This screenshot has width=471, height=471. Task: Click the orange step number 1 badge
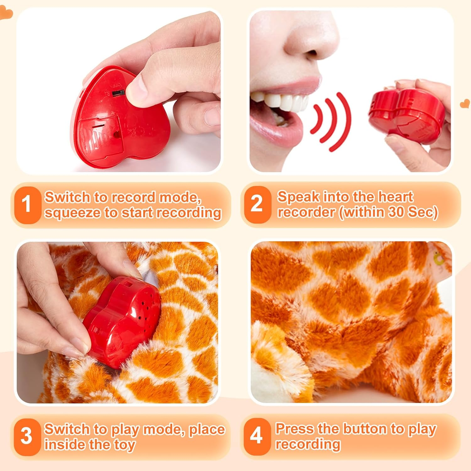pos(27,205)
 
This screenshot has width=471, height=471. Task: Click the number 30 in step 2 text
pos(396,212)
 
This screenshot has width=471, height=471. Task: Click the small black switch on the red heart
pos(118,93)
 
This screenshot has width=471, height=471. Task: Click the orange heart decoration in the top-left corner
pos(5,13)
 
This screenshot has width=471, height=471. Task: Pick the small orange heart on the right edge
pos(465,104)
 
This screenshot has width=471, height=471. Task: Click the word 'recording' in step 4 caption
pos(308,444)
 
